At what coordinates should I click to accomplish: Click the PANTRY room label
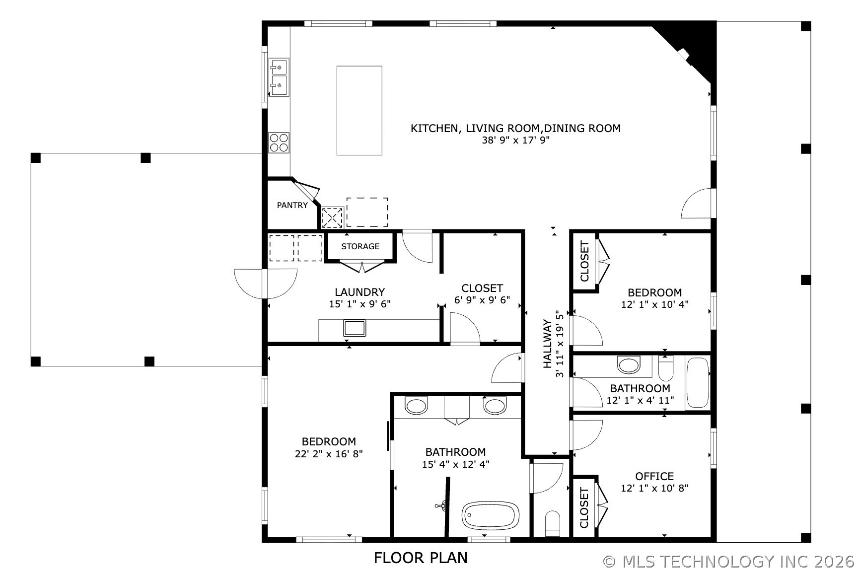click(x=292, y=205)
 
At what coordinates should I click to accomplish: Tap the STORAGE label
click(x=360, y=246)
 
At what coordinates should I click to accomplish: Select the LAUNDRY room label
click(x=359, y=292)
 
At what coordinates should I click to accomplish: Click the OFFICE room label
click(x=654, y=477)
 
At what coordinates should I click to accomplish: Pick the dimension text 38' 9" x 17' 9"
click(x=515, y=141)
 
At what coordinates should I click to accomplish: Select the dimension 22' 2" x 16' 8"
click(x=329, y=454)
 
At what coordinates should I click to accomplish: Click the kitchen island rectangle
click(x=359, y=111)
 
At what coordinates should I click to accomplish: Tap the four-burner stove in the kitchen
click(x=279, y=143)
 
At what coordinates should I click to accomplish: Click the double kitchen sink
click(x=279, y=77)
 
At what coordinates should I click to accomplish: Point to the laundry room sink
click(x=355, y=328)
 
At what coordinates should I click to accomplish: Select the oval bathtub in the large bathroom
click(x=491, y=515)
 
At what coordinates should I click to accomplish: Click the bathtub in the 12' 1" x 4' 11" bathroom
click(x=697, y=383)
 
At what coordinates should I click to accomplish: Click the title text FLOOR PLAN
click(x=421, y=558)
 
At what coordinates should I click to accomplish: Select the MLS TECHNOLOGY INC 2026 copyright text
click(x=729, y=562)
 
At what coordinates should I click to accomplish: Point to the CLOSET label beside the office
click(x=584, y=507)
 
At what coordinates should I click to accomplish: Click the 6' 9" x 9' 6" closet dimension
click(x=482, y=300)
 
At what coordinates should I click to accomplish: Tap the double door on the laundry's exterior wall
click(x=266, y=284)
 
